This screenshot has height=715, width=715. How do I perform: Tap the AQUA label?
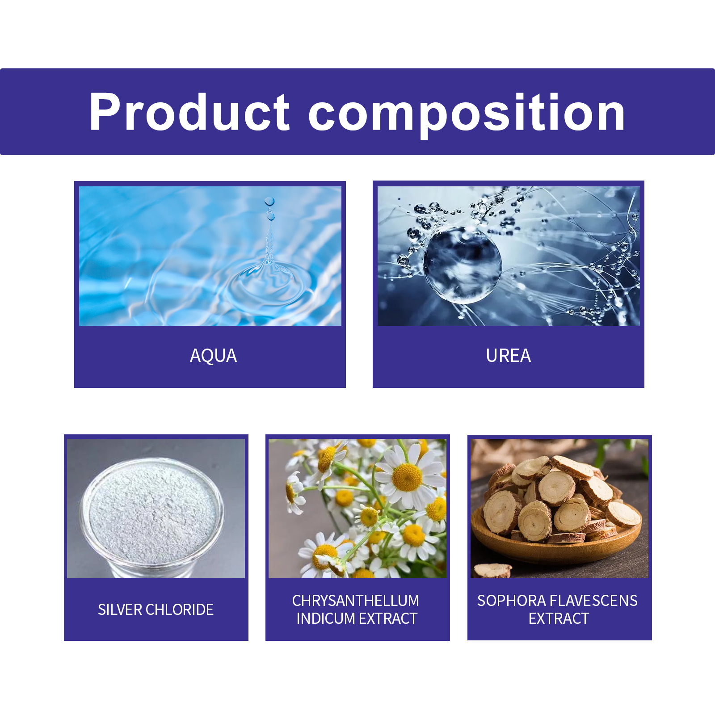213,356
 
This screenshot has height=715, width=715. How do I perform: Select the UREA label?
509,356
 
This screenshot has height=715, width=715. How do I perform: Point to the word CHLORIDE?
180,610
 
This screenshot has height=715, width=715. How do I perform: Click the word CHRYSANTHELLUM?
356,601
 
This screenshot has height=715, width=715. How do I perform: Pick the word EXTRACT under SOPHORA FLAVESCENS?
559,618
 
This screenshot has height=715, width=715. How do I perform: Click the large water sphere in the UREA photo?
462,265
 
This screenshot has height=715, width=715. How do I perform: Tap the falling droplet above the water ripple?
269,202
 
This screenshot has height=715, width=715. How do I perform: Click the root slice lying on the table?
492,571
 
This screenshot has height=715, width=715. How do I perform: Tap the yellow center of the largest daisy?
407,477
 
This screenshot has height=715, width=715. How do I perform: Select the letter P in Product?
105,112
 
